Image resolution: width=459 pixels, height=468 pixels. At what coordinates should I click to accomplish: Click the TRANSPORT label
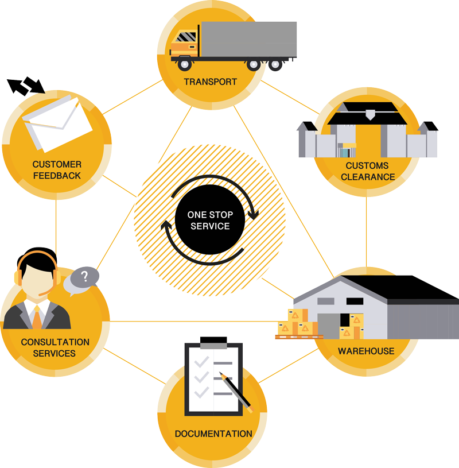pos(210,82)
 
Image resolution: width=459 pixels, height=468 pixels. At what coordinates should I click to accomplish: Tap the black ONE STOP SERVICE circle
pos(209,221)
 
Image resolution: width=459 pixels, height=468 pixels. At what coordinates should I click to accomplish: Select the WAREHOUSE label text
pos(366,351)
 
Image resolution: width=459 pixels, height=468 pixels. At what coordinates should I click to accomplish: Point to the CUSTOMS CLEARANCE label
pos(367,171)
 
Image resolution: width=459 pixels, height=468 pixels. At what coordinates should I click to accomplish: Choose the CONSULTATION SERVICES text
pos(55,347)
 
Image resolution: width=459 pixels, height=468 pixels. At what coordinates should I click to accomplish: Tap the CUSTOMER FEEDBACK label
pos(57,169)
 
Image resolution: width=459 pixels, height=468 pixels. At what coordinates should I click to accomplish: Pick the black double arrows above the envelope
pos(26,86)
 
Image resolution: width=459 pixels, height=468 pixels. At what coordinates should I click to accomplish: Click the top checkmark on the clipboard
pos(201,362)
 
